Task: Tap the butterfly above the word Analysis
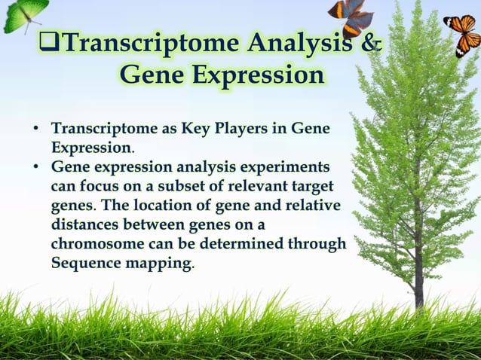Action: pos(349,15)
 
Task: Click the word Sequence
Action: pos(81,264)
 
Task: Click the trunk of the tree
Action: pos(417,279)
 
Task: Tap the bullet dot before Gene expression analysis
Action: pos(35,166)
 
